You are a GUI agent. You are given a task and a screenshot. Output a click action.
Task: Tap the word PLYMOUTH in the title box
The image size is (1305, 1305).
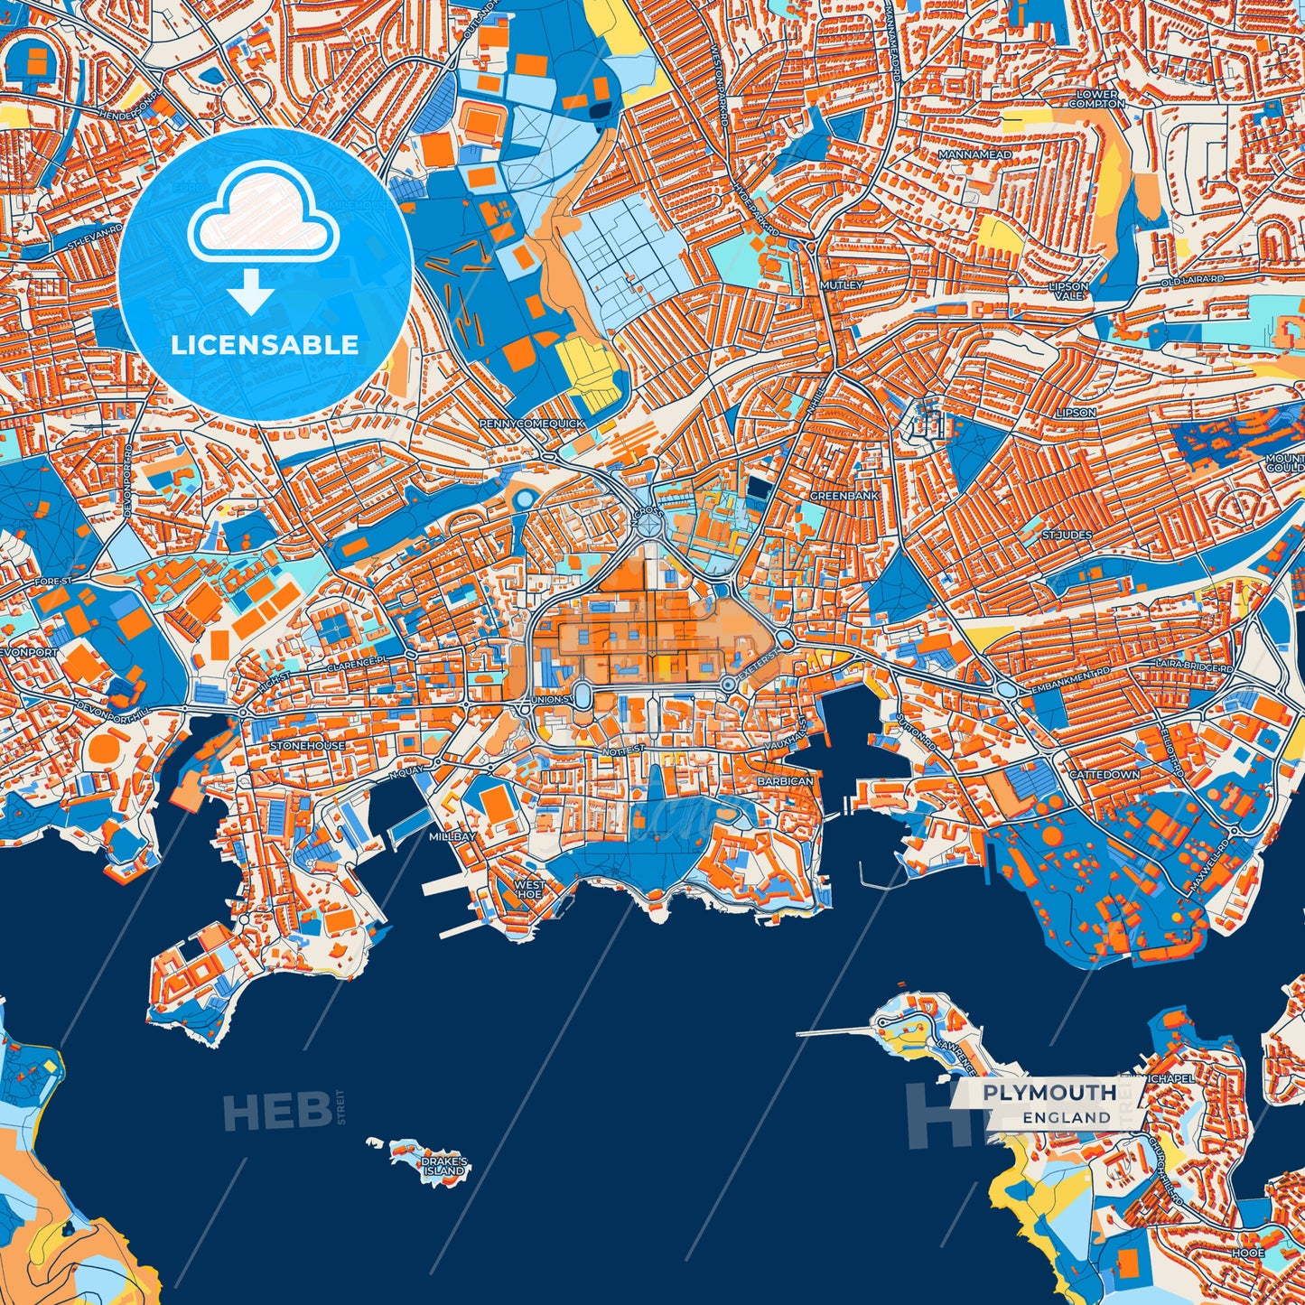coord(1049,1093)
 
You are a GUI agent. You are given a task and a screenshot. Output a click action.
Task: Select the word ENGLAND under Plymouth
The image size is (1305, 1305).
coord(1067,1117)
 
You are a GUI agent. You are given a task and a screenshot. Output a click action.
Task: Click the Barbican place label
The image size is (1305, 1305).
coord(785,780)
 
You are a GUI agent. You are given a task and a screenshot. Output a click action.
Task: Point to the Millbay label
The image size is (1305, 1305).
coord(452,837)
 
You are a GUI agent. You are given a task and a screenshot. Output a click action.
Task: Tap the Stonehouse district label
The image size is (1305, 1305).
coord(307,746)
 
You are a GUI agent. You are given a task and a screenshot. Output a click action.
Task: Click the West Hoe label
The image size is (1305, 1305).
coord(529,890)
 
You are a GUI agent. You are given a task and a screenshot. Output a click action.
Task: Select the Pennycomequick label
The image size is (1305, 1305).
coord(532,424)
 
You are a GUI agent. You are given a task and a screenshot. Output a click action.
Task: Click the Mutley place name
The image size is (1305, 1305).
coord(842,285)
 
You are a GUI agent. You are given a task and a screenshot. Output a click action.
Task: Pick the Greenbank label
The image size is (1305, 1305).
coord(844,497)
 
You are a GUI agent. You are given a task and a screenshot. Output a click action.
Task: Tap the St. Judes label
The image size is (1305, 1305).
coord(1067,536)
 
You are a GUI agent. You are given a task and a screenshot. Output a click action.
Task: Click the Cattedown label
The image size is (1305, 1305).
coord(1104,775)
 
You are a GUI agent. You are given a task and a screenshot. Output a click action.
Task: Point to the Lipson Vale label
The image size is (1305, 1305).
coord(1068,291)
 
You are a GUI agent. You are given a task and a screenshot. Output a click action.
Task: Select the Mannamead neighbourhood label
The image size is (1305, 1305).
coord(974,155)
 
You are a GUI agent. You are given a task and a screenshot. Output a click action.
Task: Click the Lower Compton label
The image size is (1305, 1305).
coord(1097,98)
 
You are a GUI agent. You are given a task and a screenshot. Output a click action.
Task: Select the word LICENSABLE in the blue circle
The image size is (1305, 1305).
coord(265,344)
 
